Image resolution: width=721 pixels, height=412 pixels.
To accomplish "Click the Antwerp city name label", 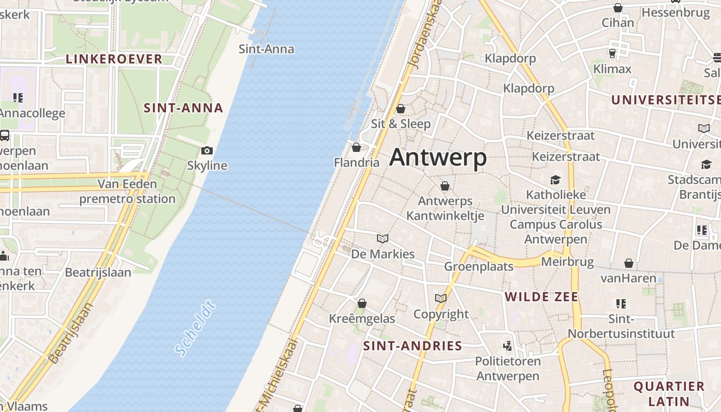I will click(438, 157).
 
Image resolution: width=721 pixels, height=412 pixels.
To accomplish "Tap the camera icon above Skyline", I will click(207, 150).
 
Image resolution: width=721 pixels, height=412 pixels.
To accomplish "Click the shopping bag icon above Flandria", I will click(356, 148).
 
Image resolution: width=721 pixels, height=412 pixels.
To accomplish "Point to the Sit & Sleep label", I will click(401, 124).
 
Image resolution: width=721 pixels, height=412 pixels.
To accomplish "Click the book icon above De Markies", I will click(382, 238).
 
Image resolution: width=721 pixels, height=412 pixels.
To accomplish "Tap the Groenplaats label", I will click(479, 266).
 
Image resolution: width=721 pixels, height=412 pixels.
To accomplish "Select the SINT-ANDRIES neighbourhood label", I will click(413, 346).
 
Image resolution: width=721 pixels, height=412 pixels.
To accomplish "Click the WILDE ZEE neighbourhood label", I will click(541, 297).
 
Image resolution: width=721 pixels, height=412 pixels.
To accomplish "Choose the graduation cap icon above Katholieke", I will click(555, 180).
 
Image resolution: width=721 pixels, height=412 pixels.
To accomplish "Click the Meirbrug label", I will click(567, 262).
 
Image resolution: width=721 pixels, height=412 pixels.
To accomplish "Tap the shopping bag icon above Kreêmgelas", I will click(362, 303).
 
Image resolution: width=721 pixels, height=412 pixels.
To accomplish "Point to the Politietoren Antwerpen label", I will click(507, 368).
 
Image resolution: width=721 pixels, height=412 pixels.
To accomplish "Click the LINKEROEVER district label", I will click(114, 59).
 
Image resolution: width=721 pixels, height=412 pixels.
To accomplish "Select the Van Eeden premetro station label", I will click(127, 191).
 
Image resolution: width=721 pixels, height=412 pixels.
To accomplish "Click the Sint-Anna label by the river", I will click(266, 49).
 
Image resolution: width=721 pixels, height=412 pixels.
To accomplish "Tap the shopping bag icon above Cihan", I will click(617, 8).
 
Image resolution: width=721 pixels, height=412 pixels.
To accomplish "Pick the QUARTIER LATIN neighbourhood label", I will click(668, 393).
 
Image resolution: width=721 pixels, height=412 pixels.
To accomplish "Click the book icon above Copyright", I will click(440, 298).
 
